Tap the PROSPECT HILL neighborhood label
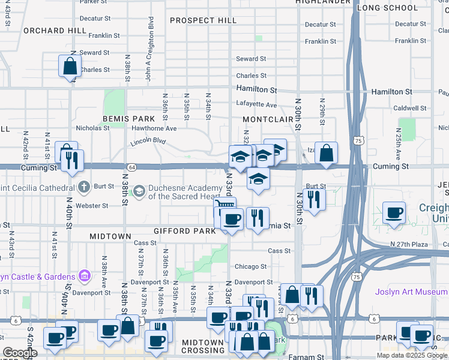[x=203, y=20]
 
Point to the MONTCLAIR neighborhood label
[x=267, y=119]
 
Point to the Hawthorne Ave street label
[x=154, y=128]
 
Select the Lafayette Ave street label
[x=256, y=104]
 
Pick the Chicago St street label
[x=250, y=266]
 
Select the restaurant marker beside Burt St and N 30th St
[x=313, y=199]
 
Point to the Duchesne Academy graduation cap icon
[x=139, y=191]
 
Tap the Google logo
[x=20, y=353]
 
